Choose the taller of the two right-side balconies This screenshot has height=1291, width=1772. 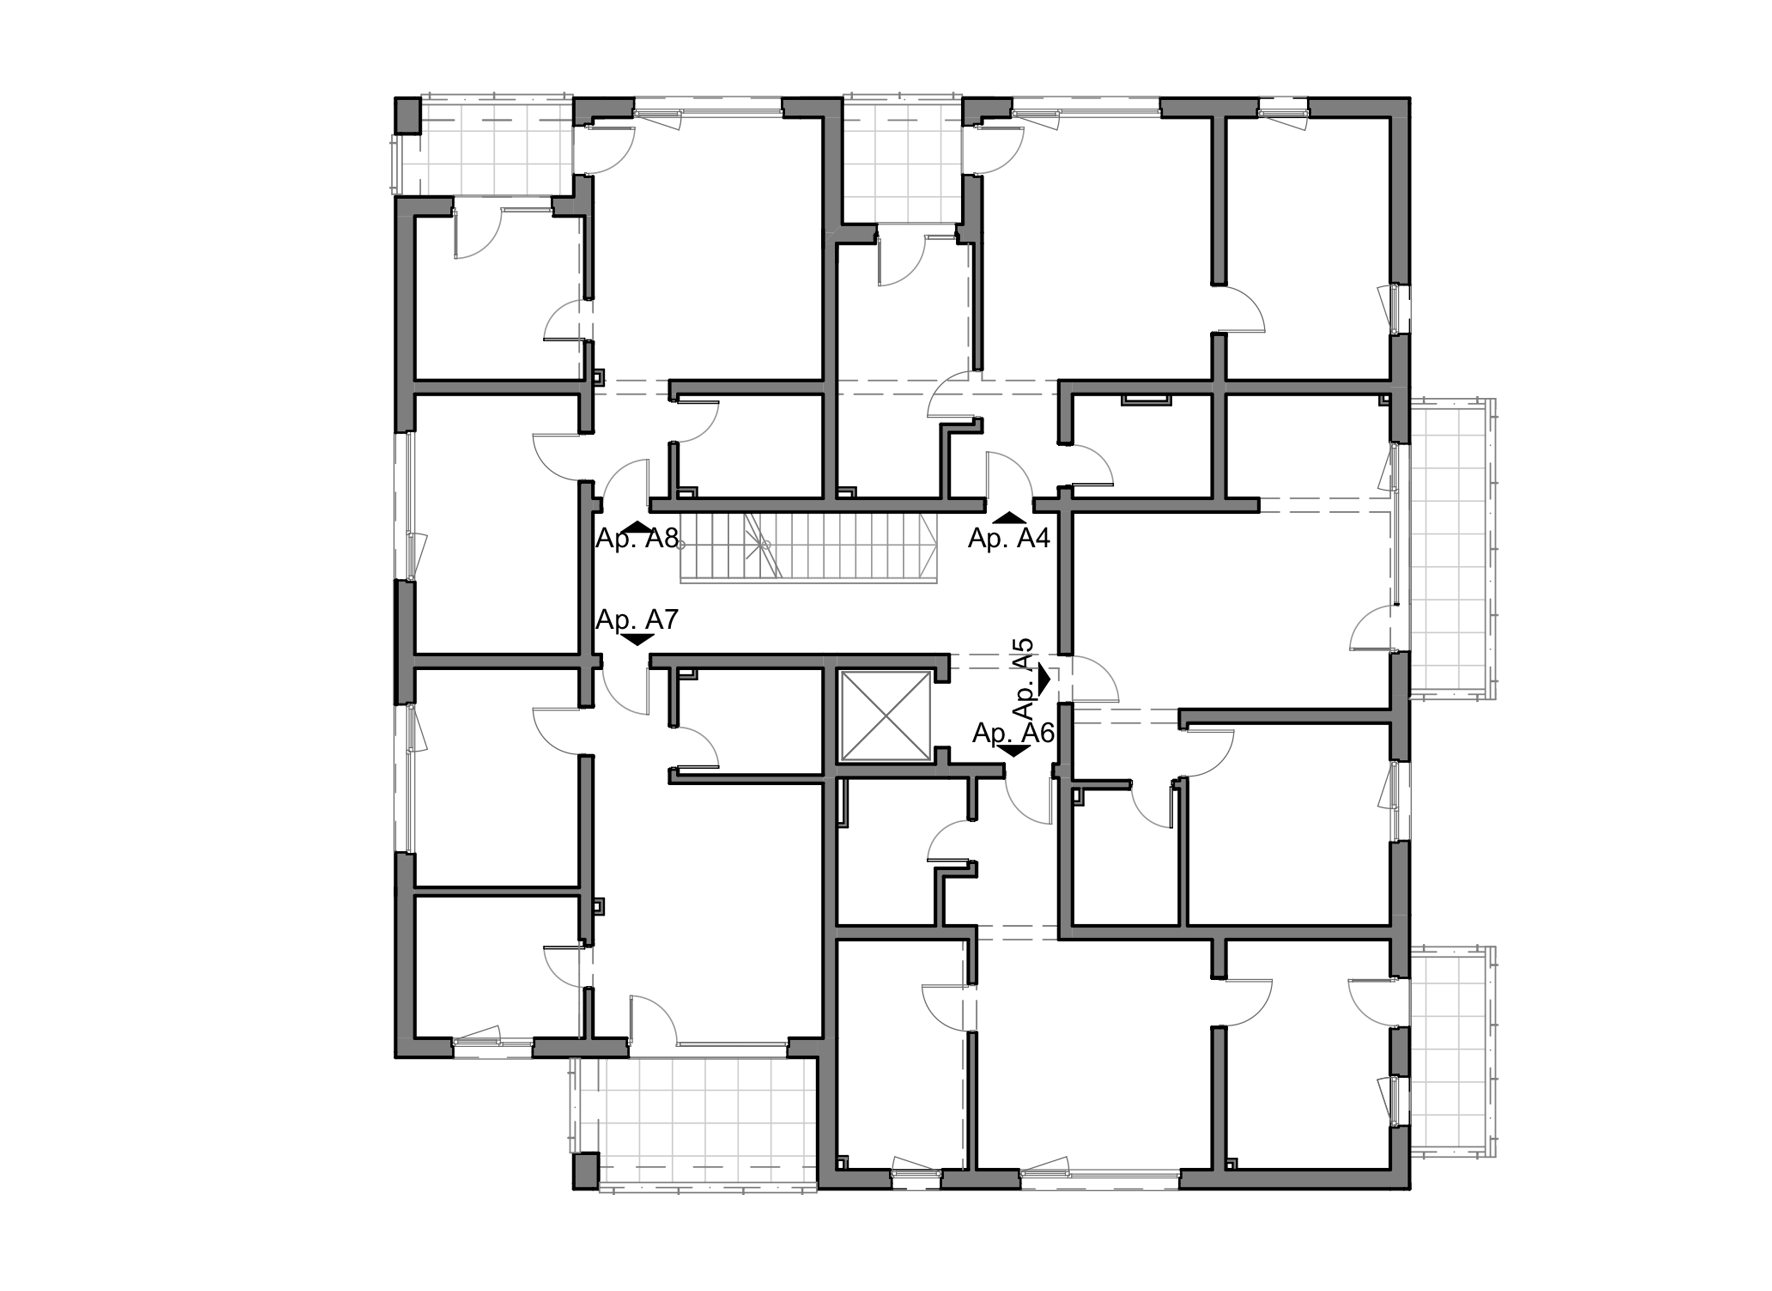(1449, 547)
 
